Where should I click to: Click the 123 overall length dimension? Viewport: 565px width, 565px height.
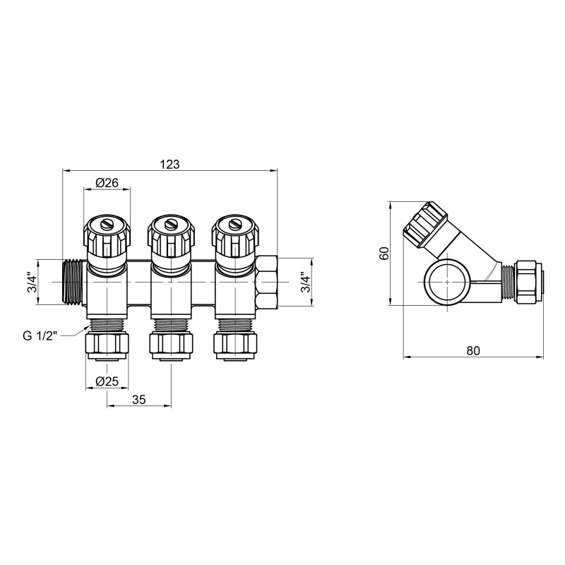tap(169, 163)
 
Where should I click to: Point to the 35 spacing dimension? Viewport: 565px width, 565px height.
tap(138, 399)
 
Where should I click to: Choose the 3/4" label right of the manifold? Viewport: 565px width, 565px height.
tap(305, 282)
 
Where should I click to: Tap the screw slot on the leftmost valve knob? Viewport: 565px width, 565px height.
tap(107, 225)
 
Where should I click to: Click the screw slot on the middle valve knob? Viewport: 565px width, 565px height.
tap(170, 225)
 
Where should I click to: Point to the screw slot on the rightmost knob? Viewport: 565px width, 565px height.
tap(234, 225)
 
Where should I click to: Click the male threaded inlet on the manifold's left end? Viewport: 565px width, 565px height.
tap(72, 282)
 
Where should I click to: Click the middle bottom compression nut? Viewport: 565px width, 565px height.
tap(170, 345)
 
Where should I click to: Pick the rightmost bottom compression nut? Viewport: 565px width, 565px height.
tap(234, 345)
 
